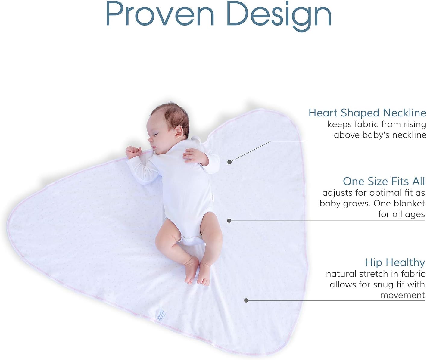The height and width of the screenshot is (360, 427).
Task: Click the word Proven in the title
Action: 160,14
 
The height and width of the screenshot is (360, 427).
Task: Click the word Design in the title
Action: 279,16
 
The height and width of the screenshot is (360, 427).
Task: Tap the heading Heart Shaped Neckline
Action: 367,113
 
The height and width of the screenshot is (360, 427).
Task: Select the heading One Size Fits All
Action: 384,181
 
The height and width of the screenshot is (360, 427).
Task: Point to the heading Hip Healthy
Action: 395,262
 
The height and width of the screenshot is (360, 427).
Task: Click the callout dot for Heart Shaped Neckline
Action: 229,162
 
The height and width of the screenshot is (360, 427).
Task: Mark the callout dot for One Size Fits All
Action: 229,221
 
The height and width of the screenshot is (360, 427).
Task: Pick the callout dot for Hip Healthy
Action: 246,300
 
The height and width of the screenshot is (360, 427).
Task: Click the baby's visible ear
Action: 179,132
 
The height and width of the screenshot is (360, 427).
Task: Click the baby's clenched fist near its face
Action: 133,152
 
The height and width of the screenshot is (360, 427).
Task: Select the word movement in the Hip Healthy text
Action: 403,295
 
